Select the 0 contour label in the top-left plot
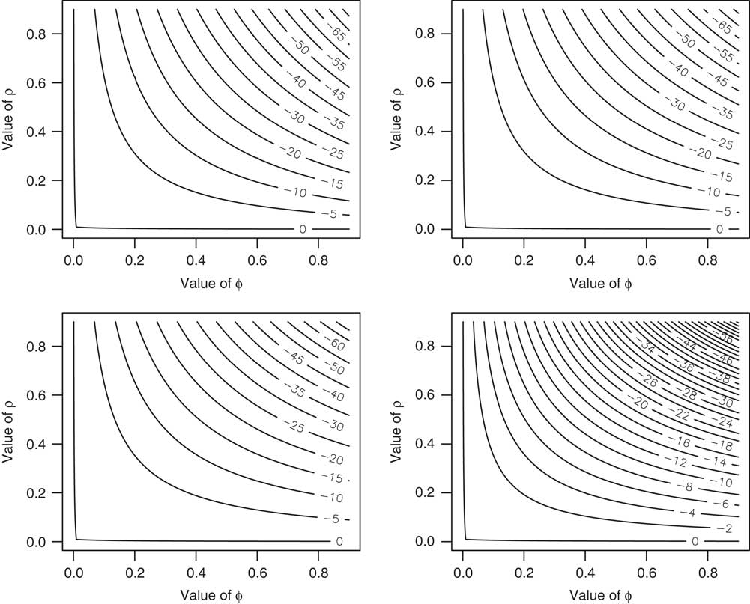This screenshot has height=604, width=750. [303, 229]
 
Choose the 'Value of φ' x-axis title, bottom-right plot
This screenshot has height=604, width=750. [600, 595]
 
